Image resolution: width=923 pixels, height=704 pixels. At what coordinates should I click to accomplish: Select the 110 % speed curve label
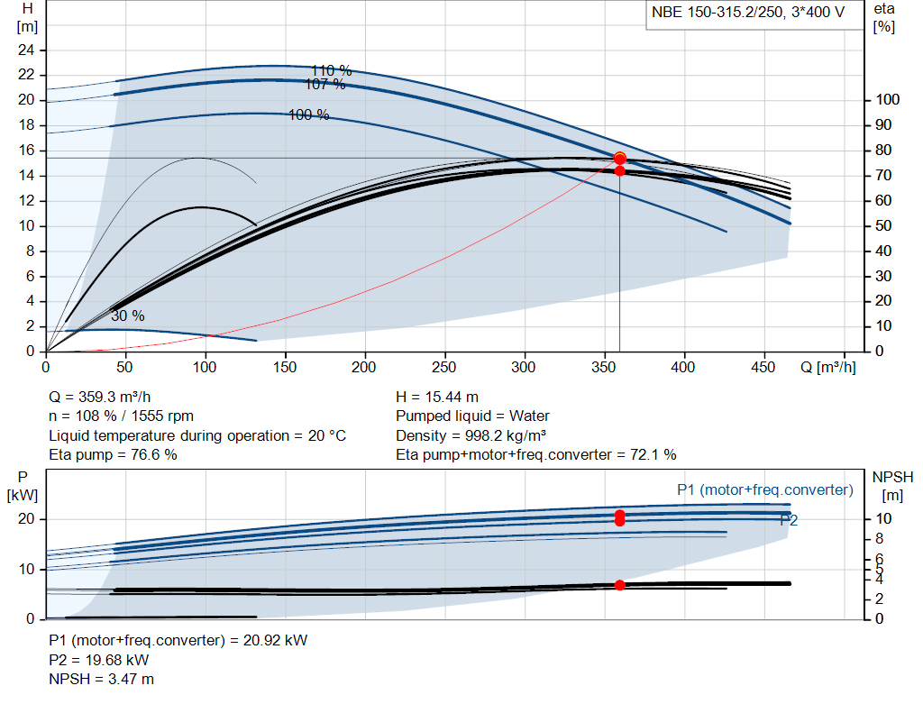click(332, 70)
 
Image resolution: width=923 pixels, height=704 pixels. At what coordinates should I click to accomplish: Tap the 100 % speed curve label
click(308, 114)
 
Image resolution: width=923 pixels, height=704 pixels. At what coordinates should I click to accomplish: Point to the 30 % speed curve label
click(128, 316)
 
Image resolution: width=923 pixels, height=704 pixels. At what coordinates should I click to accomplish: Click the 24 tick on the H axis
click(26, 50)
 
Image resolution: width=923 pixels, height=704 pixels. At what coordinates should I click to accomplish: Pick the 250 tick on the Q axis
click(444, 367)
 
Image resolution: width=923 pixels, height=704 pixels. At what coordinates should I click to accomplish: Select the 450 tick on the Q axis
click(763, 367)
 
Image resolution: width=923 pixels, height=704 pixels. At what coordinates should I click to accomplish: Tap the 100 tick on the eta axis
click(887, 100)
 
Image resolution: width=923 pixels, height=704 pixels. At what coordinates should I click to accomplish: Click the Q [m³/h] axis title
click(827, 367)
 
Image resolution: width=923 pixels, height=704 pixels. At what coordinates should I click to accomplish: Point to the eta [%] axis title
click(884, 18)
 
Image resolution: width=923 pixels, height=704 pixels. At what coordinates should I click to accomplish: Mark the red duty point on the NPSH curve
click(620, 585)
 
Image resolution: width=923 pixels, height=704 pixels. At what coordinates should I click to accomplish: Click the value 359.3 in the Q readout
click(96, 398)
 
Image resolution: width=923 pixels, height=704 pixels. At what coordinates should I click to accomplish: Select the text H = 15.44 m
click(437, 398)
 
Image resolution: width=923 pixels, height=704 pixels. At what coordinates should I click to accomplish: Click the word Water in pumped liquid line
click(529, 416)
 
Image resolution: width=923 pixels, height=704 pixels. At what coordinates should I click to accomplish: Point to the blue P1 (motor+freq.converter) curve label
click(765, 489)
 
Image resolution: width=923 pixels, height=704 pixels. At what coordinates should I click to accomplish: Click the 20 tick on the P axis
click(26, 519)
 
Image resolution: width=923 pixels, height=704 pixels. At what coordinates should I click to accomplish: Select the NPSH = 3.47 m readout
click(101, 680)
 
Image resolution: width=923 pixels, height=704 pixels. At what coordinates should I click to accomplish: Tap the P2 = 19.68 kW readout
click(99, 661)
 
